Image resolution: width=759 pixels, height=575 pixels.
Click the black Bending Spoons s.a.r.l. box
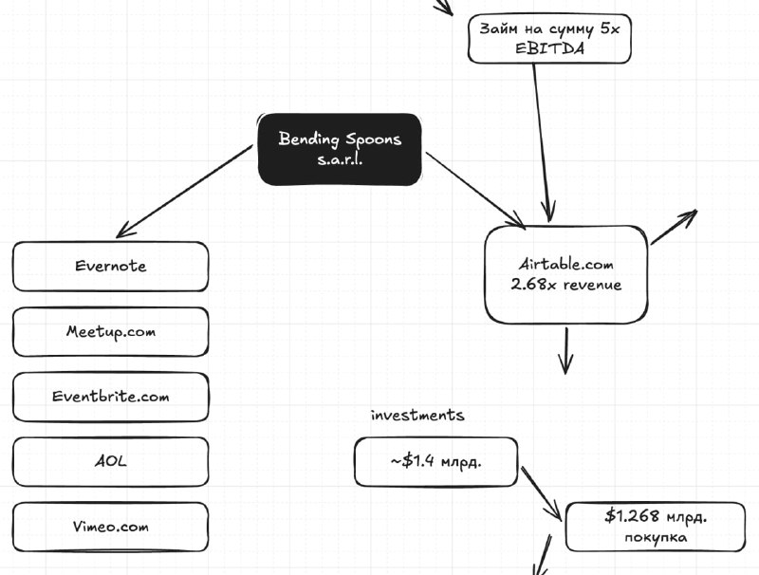click(x=340, y=150)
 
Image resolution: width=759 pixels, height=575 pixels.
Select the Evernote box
click(x=111, y=267)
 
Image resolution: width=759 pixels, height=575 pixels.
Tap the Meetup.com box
click(x=111, y=332)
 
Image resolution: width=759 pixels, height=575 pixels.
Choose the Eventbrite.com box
click(x=111, y=397)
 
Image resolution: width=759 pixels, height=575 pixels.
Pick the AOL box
click(x=111, y=462)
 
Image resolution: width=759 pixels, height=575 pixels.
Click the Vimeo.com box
click(x=111, y=528)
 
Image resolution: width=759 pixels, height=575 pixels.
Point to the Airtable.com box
click(x=566, y=274)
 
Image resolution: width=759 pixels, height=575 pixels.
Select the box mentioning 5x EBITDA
click(x=549, y=38)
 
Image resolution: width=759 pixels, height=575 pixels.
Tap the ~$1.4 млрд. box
click(x=436, y=462)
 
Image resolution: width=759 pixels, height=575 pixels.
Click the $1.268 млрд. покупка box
click(x=656, y=527)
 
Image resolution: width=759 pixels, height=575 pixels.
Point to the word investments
click(x=417, y=416)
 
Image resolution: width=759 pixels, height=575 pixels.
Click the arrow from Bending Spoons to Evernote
click(x=184, y=191)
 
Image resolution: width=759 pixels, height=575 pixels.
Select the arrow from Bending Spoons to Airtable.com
click(x=475, y=190)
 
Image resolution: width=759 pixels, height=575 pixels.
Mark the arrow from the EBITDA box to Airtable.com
click(x=542, y=142)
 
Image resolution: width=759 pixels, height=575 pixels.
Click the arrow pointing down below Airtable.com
click(x=565, y=351)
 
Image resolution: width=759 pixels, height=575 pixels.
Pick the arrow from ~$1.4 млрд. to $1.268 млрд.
click(x=541, y=493)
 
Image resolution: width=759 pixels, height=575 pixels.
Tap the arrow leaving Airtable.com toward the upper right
click(x=674, y=227)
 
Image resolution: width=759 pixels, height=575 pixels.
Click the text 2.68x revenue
click(x=565, y=285)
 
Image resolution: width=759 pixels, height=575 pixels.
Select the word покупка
click(x=656, y=537)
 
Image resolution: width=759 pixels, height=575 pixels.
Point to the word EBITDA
click(x=549, y=48)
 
